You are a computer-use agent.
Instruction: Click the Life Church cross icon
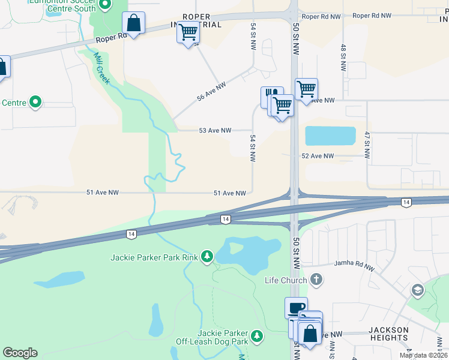click(x=316, y=280)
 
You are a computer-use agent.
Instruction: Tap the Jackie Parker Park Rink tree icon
click(x=207, y=257)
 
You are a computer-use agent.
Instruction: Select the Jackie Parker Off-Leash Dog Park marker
click(x=257, y=335)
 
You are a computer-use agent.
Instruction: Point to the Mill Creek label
click(x=101, y=68)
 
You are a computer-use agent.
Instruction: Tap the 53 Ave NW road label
click(x=215, y=130)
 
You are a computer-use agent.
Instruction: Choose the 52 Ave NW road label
click(x=318, y=156)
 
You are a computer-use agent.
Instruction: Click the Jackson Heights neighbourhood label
click(x=388, y=334)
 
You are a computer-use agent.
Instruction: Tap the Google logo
click(x=20, y=353)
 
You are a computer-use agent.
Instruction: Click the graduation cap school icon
click(x=417, y=290)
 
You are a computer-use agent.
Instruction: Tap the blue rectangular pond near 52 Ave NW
click(x=330, y=136)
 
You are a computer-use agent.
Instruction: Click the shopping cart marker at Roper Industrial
click(x=188, y=31)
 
